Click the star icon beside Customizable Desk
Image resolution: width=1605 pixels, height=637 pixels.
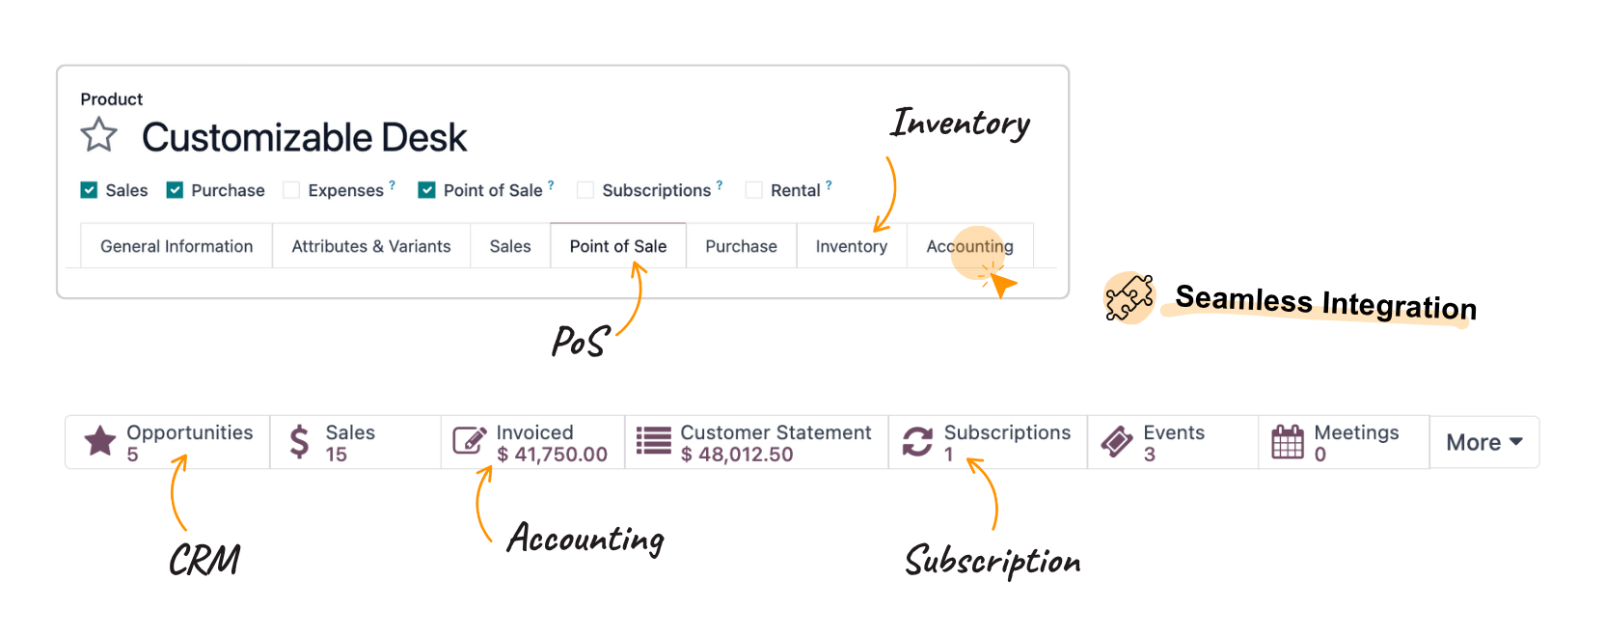point(98,135)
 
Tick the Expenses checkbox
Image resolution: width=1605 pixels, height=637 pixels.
point(291,190)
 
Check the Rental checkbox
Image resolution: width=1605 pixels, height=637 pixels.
point(754,190)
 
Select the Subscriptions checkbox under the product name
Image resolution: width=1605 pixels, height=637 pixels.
point(585,190)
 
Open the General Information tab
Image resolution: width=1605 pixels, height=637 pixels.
point(177,246)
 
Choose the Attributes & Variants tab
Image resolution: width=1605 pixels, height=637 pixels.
point(371,246)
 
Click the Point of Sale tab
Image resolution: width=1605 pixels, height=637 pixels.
point(618,246)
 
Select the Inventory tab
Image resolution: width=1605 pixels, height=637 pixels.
point(852,246)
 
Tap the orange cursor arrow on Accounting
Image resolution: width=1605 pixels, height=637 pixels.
point(1002,284)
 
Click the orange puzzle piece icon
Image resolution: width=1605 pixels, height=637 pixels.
point(1129,298)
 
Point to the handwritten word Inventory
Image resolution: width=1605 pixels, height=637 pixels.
point(960,124)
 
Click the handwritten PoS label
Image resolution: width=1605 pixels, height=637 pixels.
point(579,342)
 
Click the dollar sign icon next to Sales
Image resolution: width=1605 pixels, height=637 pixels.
point(300,442)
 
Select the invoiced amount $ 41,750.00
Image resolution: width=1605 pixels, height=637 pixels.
point(552,455)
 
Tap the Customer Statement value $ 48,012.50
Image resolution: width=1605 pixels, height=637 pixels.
point(737,455)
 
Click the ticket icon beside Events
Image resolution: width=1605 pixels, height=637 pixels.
point(1117,442)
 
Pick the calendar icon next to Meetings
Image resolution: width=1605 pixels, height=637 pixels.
point(1288,442)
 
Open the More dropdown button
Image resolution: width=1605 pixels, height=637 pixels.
point(1483,442)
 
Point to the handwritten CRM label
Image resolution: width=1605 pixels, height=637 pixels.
point(204,560)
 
